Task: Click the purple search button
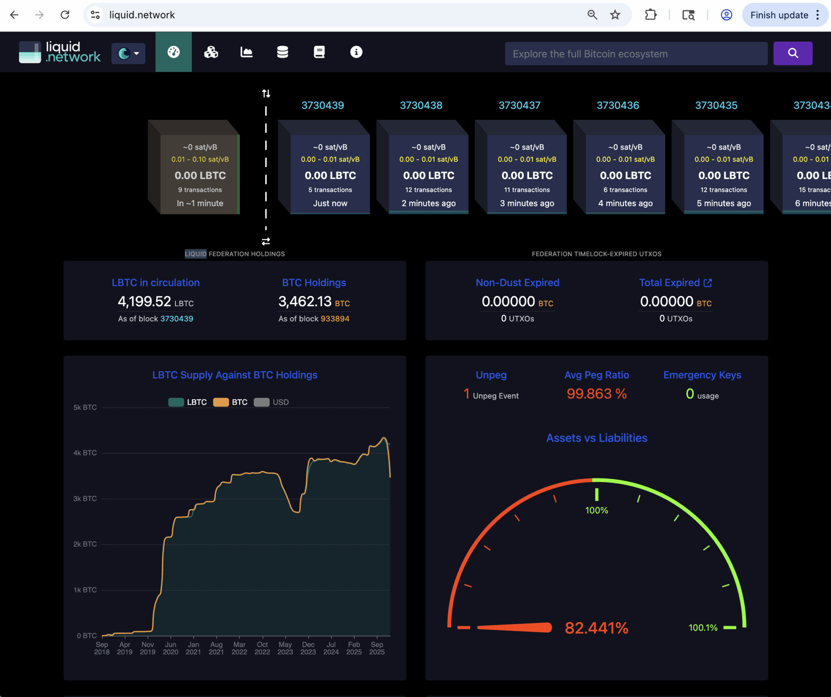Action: [792, 53]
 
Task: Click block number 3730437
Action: [519, 105]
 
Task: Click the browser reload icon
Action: [65, 15]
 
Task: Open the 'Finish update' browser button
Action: [779, 15]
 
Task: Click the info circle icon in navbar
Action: [356, 52]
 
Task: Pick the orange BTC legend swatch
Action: [221, 402]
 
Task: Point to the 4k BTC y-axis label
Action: [85, 453]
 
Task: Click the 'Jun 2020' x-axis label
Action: [170, 648]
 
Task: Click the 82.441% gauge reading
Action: [596, 628]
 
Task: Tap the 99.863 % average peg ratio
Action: [596, 394]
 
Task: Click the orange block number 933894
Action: [335, 319]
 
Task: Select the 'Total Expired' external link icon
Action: [708, 283]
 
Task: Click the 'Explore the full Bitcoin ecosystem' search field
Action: [636, 54]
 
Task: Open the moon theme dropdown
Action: [128, 53]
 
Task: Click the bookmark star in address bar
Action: [615, 15]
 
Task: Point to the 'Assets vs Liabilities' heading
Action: [596, 438]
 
